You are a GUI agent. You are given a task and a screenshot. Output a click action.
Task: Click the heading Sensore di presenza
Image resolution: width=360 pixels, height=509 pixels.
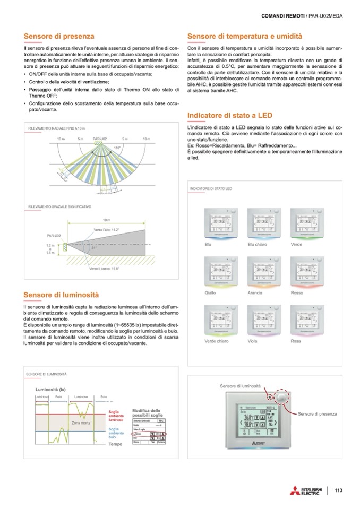(x=59, y=36)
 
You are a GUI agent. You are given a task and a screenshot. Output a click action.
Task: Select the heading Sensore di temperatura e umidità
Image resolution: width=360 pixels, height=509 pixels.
(x=245, y=36)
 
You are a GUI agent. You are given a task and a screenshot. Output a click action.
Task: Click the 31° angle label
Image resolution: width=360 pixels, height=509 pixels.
(x=94, y=248)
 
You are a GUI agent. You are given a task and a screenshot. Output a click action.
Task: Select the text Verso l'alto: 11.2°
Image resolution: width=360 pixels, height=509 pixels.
(x=106, y=230)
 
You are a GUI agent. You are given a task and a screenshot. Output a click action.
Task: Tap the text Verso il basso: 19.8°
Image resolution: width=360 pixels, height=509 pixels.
(x=104, y=269)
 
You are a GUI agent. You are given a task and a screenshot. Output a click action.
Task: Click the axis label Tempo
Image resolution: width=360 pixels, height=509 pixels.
(x=115, y=444)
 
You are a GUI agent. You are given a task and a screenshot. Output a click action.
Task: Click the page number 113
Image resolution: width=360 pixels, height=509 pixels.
(x=338, y=490)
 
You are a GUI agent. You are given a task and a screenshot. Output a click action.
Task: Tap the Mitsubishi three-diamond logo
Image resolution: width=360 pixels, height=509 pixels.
(x=294, y=490)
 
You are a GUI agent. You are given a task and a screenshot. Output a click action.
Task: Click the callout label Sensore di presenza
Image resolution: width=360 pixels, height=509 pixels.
(x=318, y=413)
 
